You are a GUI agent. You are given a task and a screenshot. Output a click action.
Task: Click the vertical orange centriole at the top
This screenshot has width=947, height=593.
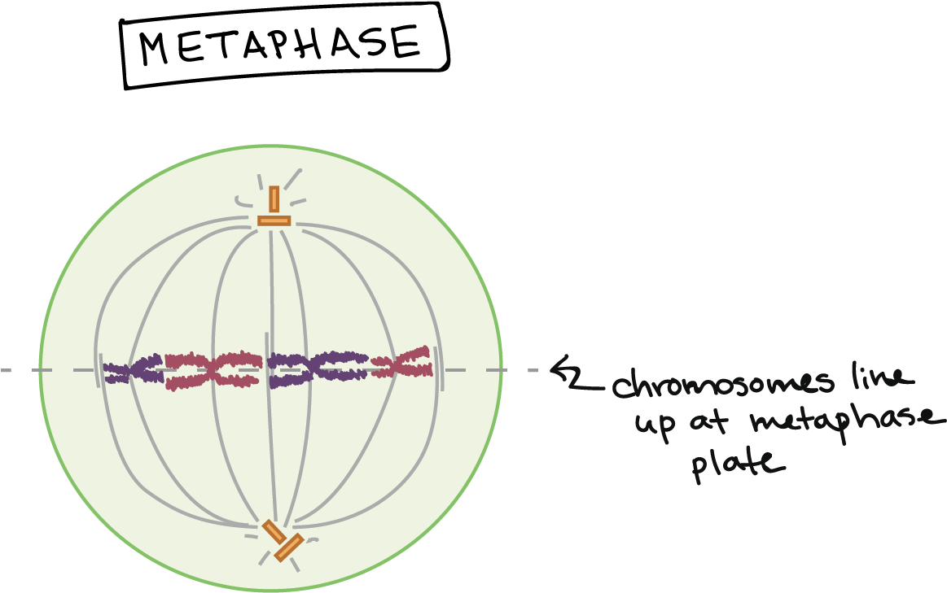(274, 199)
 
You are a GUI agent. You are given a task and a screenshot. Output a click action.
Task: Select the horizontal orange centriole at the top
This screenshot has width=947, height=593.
(274, 220)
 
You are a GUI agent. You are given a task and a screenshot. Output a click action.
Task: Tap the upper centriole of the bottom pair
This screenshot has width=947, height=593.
(274, 532)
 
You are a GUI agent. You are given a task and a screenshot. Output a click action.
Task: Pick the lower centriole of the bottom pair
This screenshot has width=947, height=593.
(288, 547)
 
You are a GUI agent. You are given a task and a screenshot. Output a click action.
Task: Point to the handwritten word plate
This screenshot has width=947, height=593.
(738, 463)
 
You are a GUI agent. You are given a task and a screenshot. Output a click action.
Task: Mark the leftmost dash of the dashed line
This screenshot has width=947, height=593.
(6, 370)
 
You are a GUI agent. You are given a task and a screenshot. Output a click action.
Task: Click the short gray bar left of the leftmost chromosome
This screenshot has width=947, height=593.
(102, 370)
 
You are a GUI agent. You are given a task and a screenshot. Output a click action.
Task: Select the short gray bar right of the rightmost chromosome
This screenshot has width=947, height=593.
(437, 368)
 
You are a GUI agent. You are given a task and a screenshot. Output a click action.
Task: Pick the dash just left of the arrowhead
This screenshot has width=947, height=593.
(533, 371)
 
